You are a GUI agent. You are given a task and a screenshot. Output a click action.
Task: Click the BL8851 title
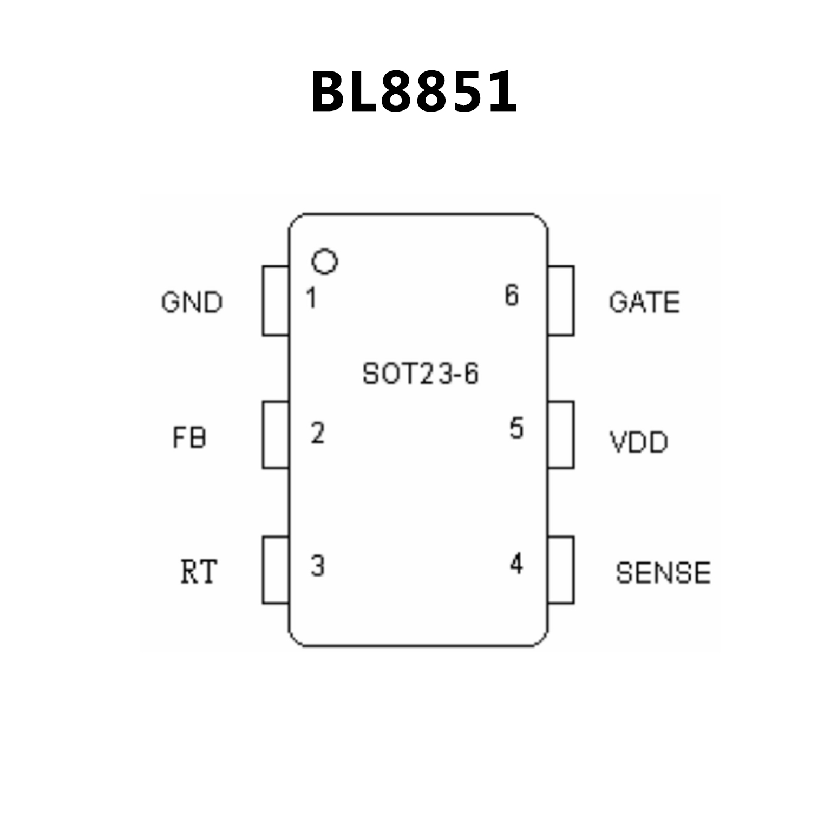pyautogui.click(x=414, y=92)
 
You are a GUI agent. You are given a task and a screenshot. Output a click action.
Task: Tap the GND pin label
pyautogui.click(x=192, y=302)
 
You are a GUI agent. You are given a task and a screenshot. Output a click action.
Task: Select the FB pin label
pyautogui.click(x=189, y=437)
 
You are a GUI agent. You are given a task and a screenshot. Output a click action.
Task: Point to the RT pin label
pyautogui.click(x=198, y=572)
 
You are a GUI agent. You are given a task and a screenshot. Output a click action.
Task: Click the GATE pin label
pyautogui.click(x=644, y=302)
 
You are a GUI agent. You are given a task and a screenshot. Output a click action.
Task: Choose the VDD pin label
pyautogui.click(x=639, y=442)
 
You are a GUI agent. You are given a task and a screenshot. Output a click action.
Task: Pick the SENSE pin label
pyautogui.click(x=663, y=573)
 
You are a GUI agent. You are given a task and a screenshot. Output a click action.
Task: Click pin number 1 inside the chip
pyautogui.click(x=311, y=298)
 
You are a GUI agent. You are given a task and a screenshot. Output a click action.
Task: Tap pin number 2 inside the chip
pyautogui.click(x=317, y=433)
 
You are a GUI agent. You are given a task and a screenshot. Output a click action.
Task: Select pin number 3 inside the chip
pyautogui.click(x=317, y=566)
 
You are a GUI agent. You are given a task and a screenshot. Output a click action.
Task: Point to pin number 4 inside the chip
pyautogui.click(x=516, y=564)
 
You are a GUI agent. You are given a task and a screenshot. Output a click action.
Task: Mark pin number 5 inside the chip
pyautogui.click(x=516, y=428)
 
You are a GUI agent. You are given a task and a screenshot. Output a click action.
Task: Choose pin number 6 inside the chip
pyautogui.click(x=512, y=295)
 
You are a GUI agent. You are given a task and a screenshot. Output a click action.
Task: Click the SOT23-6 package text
pyautogui.click(x=420, y=374)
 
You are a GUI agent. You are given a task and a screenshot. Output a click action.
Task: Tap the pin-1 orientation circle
pyautogui.click(x=324, y=261)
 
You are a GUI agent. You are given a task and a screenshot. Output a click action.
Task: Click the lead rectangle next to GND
pyautogui.click(x=276, y=301)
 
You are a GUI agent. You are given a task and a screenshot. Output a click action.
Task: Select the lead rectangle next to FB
pyautogui.click(x=276, y=435)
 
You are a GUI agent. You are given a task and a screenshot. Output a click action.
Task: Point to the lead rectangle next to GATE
pyautogui.click(x=561, y=301)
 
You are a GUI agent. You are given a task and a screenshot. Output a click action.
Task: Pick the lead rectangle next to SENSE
pyautogui.click(x=561, y=570)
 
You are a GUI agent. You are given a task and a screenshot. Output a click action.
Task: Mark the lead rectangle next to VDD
pyautogui.click(x=561, y=435)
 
